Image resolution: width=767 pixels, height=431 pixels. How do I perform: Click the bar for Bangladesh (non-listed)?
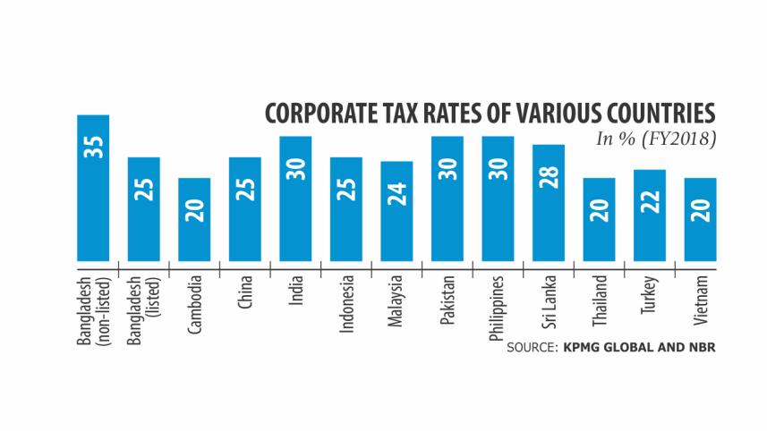(93, 187)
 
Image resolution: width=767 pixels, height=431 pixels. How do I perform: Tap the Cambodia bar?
(194, 218)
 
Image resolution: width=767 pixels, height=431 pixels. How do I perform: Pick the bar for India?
(295, 198)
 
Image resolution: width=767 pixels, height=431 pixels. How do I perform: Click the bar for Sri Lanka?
(549, 202)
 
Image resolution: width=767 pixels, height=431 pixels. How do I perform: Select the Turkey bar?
(650, 215)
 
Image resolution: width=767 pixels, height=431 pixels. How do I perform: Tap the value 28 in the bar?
(549, 175)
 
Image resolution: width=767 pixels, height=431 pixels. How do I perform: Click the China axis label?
(245, 292)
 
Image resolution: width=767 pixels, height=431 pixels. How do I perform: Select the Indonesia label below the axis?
(346, 302)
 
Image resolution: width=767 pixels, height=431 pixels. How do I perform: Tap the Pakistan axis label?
(447, 299)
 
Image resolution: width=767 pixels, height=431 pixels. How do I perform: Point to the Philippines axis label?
(499, 306)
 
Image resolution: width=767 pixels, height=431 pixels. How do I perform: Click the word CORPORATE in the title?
(323, 115)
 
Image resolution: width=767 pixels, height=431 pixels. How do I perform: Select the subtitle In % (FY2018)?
(656, 140)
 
